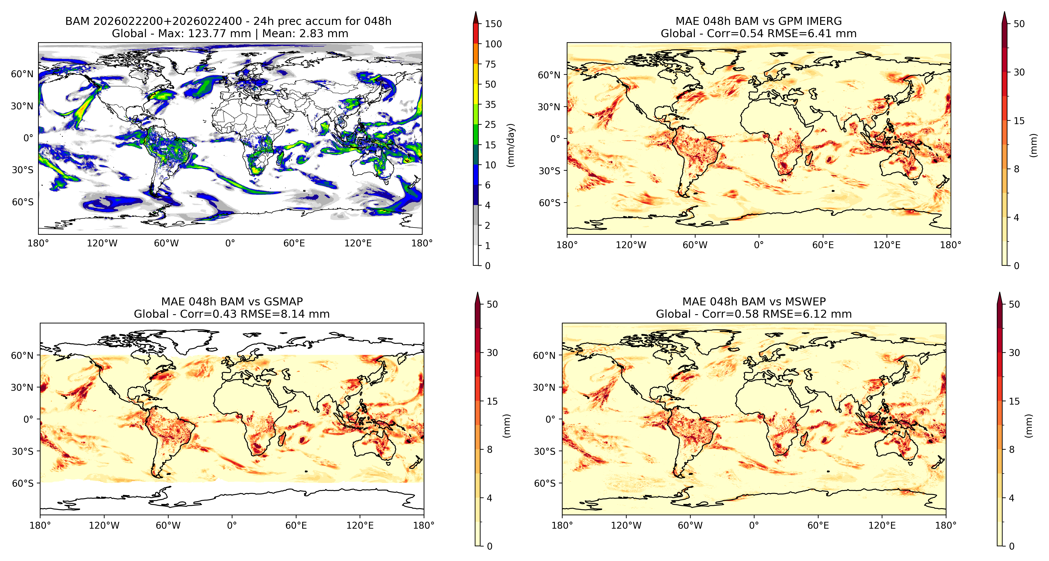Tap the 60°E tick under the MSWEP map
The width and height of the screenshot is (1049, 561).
click(x=818, y=525)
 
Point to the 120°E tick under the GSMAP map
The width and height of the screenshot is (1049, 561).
click(x=360, y=525)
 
